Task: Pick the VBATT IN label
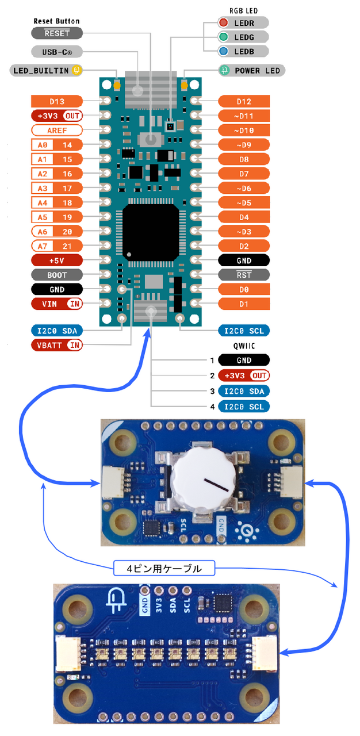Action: (56, 345)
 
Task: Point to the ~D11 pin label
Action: (244, 116)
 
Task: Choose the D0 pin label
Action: (244, 289)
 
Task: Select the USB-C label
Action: (56, 51)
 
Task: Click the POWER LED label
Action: (251, 71)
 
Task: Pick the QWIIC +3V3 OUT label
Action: (244, 375)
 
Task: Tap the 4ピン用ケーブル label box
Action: (164, 569)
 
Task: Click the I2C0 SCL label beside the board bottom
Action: (244, 331)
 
